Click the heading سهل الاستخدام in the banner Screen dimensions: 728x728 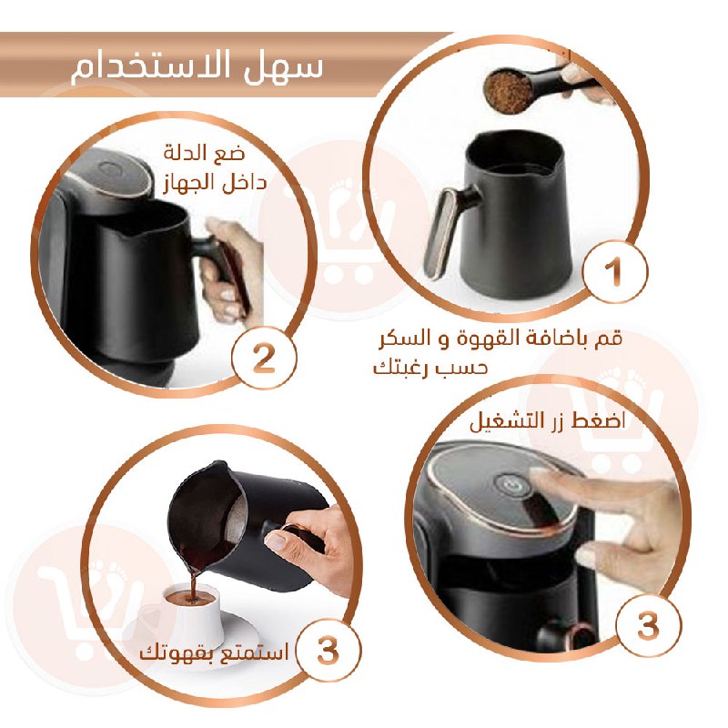click(x=197, y=67)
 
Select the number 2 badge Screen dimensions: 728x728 click(x=264, y=358)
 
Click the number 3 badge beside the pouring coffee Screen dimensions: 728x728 click(x=328, y=650)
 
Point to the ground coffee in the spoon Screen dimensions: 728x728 click(x=508, y=91)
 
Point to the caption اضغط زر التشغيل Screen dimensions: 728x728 click(x=548, y=422)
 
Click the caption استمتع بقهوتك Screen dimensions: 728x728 click(x=214, y=652)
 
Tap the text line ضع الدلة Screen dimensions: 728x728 click(x=204, y=153)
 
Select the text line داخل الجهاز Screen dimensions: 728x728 click(x=216, y=182)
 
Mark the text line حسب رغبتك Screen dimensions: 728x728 click(x=430, y=368)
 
